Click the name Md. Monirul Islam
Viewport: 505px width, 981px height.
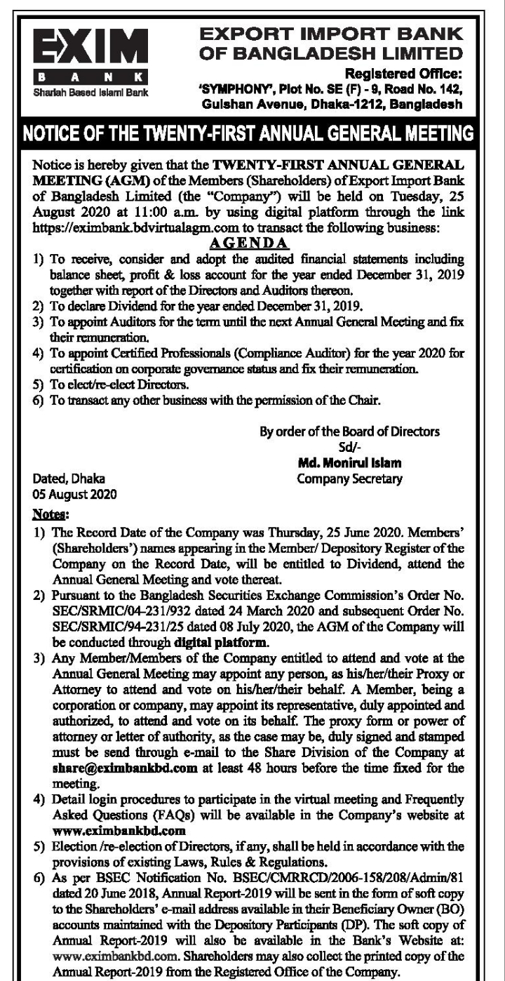click(346, 466)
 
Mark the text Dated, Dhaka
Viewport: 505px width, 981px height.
click(70, 480)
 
